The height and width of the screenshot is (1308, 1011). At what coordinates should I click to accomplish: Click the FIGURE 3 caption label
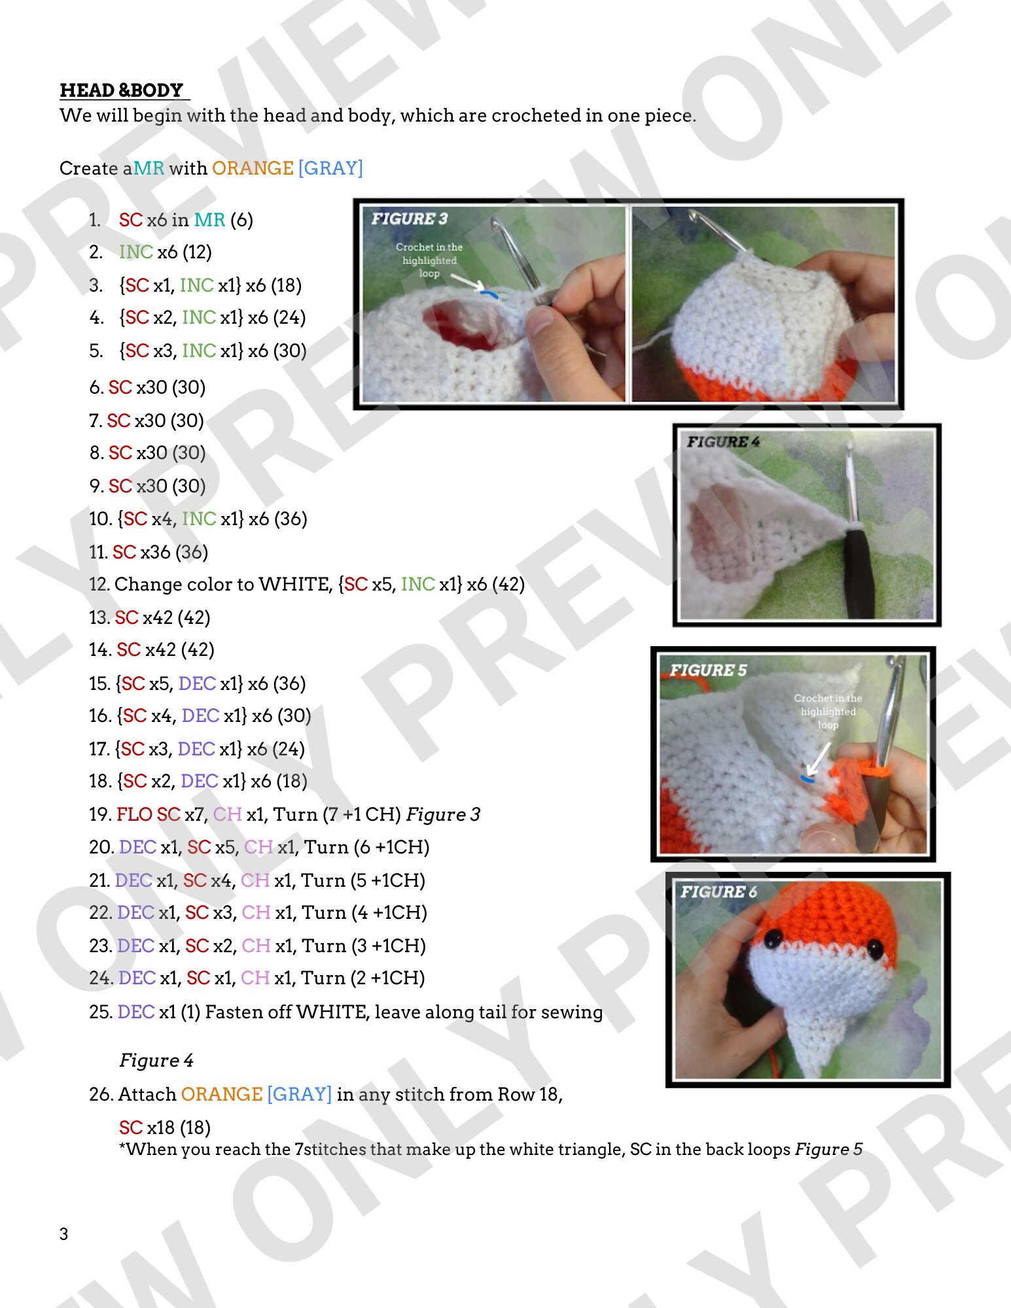(x=409, y=219)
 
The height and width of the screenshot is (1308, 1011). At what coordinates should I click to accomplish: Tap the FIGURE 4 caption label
(x=723, y=442)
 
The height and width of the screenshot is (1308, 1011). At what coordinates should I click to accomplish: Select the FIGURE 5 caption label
(x=707, y=670)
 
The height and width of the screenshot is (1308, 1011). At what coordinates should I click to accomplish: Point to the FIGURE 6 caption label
(x=718, y=892)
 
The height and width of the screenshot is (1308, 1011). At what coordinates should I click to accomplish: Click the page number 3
(x=63, y=1234)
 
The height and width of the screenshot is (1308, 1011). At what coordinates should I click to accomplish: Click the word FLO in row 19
(x=134, y=815)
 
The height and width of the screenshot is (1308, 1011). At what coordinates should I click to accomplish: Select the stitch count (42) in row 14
(x=198, y=650)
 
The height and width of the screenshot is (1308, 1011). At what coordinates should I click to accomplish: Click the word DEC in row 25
(x=136, y=1012)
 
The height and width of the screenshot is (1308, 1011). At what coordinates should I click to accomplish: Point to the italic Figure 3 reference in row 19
(x=443, y=815)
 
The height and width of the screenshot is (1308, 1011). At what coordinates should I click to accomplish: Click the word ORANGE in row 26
(x=221, y=1095)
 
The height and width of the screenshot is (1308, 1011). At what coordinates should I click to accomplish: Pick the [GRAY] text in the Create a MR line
(x=330, y=169)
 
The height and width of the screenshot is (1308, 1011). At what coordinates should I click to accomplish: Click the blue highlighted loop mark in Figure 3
(x=488, y=294)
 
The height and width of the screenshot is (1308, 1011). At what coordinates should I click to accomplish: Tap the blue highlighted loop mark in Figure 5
(x=807, y=779)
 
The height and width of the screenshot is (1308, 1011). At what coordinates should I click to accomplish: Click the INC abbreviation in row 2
(x=135, y=252)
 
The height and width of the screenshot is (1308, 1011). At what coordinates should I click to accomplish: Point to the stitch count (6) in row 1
(x=241, y=220)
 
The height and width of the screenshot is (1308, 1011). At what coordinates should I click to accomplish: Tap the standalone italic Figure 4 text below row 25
(x=156, y=1061)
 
